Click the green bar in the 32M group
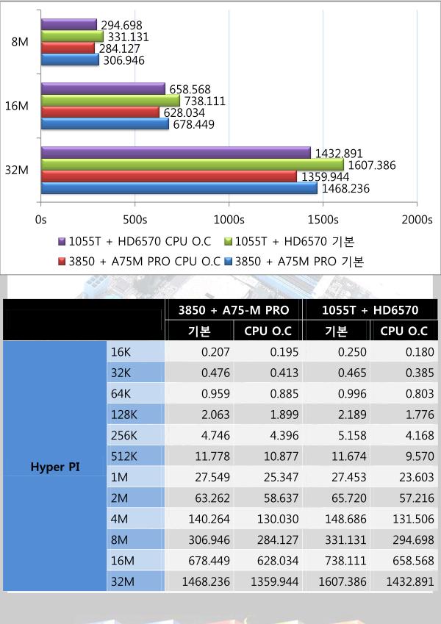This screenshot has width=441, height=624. pyautogui.click(x=193, y=165)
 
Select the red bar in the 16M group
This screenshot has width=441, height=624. pyautogui.click(x=100, y=112)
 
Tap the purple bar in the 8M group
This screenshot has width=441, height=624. pyautogui.click(x=69, y=25)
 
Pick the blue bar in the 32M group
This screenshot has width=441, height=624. pyautogui.click(x=179, y=188)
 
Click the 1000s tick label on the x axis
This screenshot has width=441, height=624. pyautogui.click(x=229, y=220)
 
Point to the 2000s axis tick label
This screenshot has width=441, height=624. pyautogui.click(x=417, y=220)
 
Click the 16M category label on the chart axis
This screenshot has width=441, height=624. pyautogui.click(x=17, y=107)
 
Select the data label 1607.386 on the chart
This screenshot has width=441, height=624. pyautogui.click(x=372, y=165)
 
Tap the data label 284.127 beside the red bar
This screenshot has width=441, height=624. pyautogui.click(x=120, y=49)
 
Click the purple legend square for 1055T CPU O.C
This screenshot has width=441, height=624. pyautogui.click(x=62, y=242)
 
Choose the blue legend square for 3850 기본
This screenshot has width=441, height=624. pyautogui.click(x=229, y=262)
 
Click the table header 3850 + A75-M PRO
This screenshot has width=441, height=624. pyautogui.click(x=234, y=310)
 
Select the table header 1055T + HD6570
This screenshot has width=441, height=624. pyautogui.click(x=370, y=310)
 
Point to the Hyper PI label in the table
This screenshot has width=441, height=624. pyautogui.click(x=55, y=467)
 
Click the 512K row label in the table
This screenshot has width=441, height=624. pyautogui.click(x=123, y=456)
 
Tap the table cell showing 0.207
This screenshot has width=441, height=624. pyautogui.click(x=215, y=352)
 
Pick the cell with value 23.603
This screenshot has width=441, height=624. pyautogui.click(x=417, y=477)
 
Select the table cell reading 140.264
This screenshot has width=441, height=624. pyautogui.click(x=209, y=519)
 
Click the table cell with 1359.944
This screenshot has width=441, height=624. pyautogui.click(x=275, y=581)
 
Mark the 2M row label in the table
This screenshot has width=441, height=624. pyautogui.click(x=119, y=498)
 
